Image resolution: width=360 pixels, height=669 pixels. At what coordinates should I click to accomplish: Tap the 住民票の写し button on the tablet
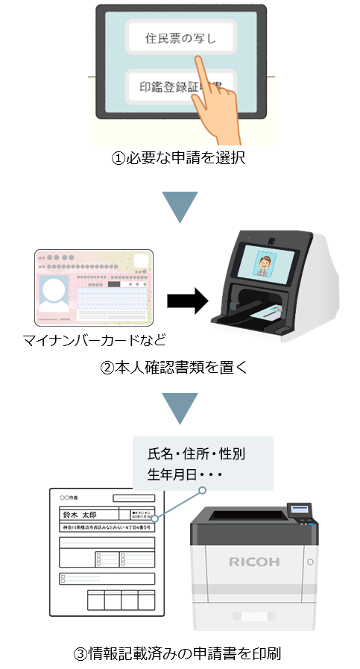coord(180,38)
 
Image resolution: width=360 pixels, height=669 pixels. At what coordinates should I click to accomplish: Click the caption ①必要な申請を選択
coord(179,159)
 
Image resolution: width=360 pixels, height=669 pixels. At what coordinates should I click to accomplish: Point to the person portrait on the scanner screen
coord(266,263)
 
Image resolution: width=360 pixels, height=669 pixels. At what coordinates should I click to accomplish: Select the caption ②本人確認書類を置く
coord(179,367)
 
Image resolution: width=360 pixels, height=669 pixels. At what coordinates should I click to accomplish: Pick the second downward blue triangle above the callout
coord(180,407)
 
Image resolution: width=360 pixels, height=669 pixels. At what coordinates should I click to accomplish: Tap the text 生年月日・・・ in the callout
coord(182,475)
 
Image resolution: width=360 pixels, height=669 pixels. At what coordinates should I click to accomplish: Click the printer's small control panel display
coord(301,509)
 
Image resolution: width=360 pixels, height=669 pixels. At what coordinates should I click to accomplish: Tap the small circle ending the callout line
coord(201,490)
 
